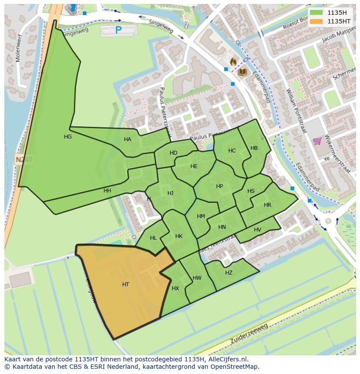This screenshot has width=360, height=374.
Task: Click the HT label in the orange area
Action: tap(126, 285)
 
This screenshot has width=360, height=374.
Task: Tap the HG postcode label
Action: tap(68, 137)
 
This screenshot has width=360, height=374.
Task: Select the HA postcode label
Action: tap(127, 139)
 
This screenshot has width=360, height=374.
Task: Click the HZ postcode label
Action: tap(229, 273)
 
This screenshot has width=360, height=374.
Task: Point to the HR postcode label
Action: tap(267, 205)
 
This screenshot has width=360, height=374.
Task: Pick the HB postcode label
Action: tap(254, 148)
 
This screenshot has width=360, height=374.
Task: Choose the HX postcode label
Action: tap(175, 288)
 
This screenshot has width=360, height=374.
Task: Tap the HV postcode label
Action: tap(257, 230)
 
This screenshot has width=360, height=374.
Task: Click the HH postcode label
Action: tap(107, 191)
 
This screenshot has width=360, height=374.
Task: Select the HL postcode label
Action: tap(153, 238)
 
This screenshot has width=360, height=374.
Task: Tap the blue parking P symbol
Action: tap(118, 30)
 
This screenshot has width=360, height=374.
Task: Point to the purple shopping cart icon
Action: tap(317, 141)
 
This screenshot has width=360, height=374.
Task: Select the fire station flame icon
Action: tap(233, 62)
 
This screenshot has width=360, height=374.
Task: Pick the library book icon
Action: tap(242, 72)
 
